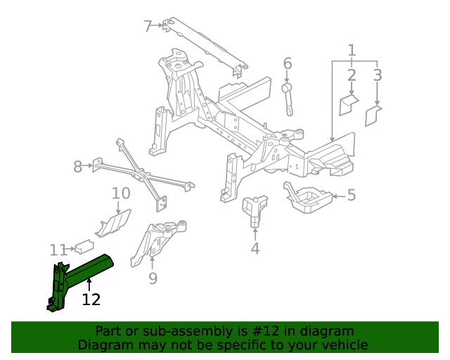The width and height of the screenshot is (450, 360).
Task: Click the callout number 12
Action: point(91,300)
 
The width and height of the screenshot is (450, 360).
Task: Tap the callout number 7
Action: point(148,27)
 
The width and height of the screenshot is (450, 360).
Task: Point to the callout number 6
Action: point(288,64)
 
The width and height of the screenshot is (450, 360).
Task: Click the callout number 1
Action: point(352,50)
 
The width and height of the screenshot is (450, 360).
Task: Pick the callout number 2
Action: point(352,75)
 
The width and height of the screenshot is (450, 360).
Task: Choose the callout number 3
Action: point(378,75)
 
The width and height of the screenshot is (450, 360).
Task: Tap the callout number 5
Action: point(352,195)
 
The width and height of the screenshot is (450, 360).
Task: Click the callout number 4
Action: point(255,247)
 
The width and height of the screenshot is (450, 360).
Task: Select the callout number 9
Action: point(153,279)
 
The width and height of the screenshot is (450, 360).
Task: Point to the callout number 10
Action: point(121,193)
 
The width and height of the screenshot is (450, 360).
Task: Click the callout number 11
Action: point(58,250)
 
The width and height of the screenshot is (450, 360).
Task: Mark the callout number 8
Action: point(78,167)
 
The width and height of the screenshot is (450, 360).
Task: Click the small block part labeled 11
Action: point(85,246)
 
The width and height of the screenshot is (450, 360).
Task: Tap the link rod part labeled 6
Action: point(288,98)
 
